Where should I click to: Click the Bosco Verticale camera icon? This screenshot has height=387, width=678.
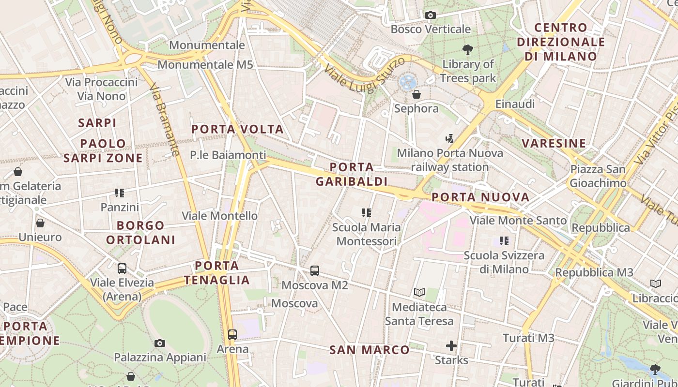tap(430, 15)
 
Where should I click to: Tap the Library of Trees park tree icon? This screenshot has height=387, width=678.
tap(467, 49)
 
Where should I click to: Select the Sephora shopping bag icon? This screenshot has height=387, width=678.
tap(416, 94)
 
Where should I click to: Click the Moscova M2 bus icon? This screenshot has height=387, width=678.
tap(315, 271)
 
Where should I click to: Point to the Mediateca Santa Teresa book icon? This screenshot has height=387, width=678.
tap(419, 293)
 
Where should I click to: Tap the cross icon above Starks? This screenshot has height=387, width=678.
tap(451, 345)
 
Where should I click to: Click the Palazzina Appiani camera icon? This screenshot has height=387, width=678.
tap(160, 343)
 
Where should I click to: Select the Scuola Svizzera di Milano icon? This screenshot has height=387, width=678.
tap(504, 240)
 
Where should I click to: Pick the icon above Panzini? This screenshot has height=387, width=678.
tap(120, 193)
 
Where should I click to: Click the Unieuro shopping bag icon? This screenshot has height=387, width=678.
tap(40, 223)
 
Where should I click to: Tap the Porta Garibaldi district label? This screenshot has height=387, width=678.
tap(352, 174)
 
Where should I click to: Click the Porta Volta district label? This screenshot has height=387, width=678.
tap(237, 129)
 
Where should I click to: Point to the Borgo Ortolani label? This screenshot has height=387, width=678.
tap(140, 233)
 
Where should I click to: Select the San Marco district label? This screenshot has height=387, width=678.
tap(370, 349)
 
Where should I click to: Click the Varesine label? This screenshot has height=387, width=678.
tap(554, 143)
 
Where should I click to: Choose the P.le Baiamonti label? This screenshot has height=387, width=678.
tap(228, 155)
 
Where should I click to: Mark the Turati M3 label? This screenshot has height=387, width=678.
tap(528, 338)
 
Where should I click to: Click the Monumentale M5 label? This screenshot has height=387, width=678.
tap(205, 64)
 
